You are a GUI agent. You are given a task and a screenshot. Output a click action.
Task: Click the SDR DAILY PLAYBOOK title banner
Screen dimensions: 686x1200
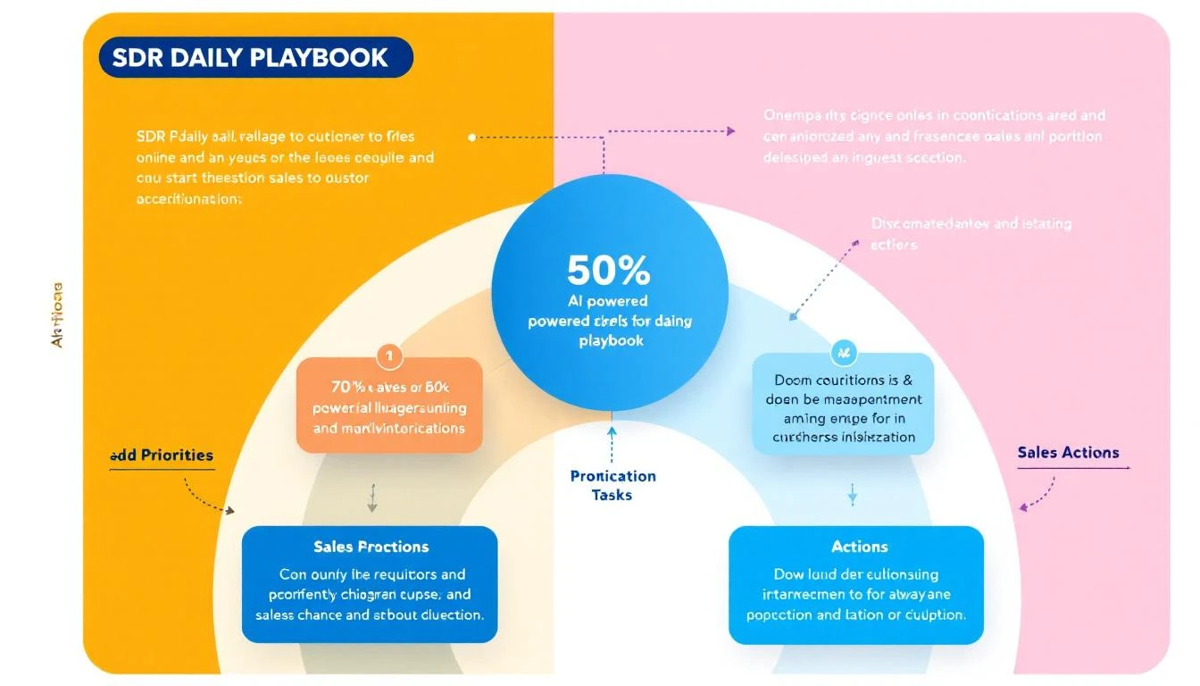[x=255, y=57]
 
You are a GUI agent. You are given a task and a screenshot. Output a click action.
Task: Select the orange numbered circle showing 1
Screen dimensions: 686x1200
[x=389, y=356]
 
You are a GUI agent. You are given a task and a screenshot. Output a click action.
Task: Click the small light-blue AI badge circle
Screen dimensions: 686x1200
[x=842, y=354]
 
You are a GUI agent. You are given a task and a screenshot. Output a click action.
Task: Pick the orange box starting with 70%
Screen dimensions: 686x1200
[x=388, y=407]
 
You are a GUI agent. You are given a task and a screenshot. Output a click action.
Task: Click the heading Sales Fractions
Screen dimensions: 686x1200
[x=371, y=547]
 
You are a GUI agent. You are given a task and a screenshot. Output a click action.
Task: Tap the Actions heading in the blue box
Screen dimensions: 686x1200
[x=859, y=547]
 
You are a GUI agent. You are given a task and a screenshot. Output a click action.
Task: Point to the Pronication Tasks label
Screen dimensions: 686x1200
[x=612, y=485]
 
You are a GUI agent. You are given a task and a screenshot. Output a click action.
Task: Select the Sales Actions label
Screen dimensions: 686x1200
[x=1068, y=452]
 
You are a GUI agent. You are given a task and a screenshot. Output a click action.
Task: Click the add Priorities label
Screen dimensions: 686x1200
[x=162, y=455]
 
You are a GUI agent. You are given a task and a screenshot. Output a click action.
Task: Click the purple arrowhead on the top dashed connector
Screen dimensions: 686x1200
[x=730, y=130]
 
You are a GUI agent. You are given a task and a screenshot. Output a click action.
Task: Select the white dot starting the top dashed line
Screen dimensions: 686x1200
[x=471, y=138]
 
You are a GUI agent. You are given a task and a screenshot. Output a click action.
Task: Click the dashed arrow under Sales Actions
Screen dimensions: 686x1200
[x=1036, y=497]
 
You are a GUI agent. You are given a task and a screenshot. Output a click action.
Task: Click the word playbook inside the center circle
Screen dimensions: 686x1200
[x=611, y=340]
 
